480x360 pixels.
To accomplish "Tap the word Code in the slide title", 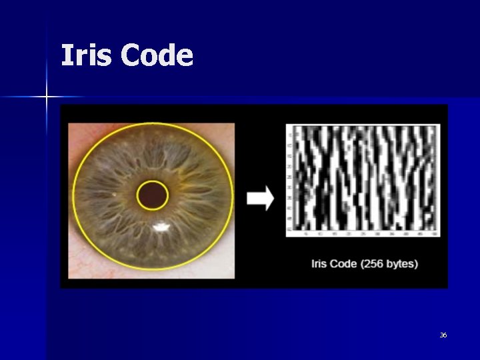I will pyautogui.click(x=157, y=56).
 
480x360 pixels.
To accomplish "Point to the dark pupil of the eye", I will pyautogui.click(x=153, y=195).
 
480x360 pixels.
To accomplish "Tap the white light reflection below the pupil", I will pyautogui.click(x=161, y=229).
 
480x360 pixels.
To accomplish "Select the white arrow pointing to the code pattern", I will pyautogui.click(x=260, y=198).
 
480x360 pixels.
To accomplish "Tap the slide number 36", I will pyautogui.click(x=443, y=335).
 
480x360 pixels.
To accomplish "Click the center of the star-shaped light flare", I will pyautogui.click(x=47, y=97).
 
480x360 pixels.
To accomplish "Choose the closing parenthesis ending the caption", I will pyautogui.click(x=416, y=263).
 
